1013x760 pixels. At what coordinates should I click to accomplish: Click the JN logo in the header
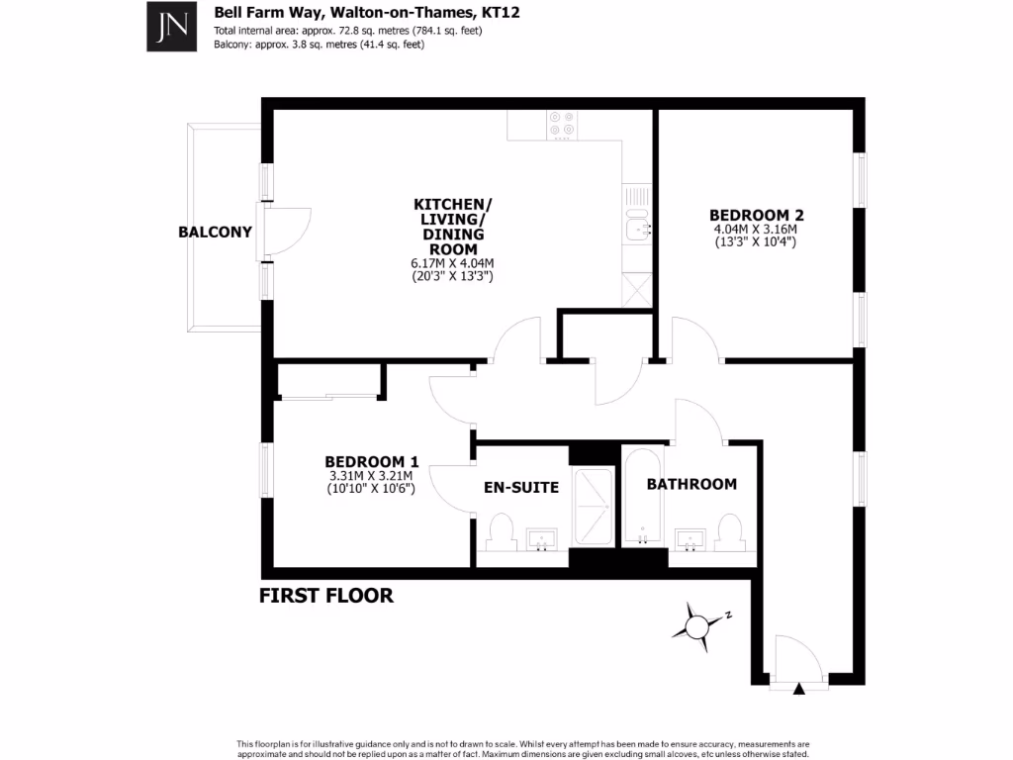pos(170,26)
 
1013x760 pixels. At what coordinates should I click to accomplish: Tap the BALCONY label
pos(215,233)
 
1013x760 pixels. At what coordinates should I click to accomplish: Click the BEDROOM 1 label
pos(372,461)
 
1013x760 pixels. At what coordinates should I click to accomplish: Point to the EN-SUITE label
pos(521,487)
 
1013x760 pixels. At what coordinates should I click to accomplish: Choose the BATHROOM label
pos(691,484)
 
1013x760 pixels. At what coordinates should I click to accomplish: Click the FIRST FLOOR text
pos(326,595)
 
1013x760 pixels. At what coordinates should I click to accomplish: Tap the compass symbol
pos(699,624)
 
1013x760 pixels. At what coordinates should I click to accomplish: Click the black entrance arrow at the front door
pos(799,689)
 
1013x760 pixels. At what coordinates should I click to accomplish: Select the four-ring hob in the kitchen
pos(562,124)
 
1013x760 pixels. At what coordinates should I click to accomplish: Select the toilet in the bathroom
pos(730,531)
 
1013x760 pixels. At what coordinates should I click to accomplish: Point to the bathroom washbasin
pos(690,538)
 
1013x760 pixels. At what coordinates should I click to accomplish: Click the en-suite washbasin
pos(541,539)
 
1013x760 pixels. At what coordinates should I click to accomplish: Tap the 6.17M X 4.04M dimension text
pos(452,263)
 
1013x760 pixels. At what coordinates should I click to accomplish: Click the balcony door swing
pos(289,233)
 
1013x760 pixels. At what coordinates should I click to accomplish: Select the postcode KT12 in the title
pos(500,13)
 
